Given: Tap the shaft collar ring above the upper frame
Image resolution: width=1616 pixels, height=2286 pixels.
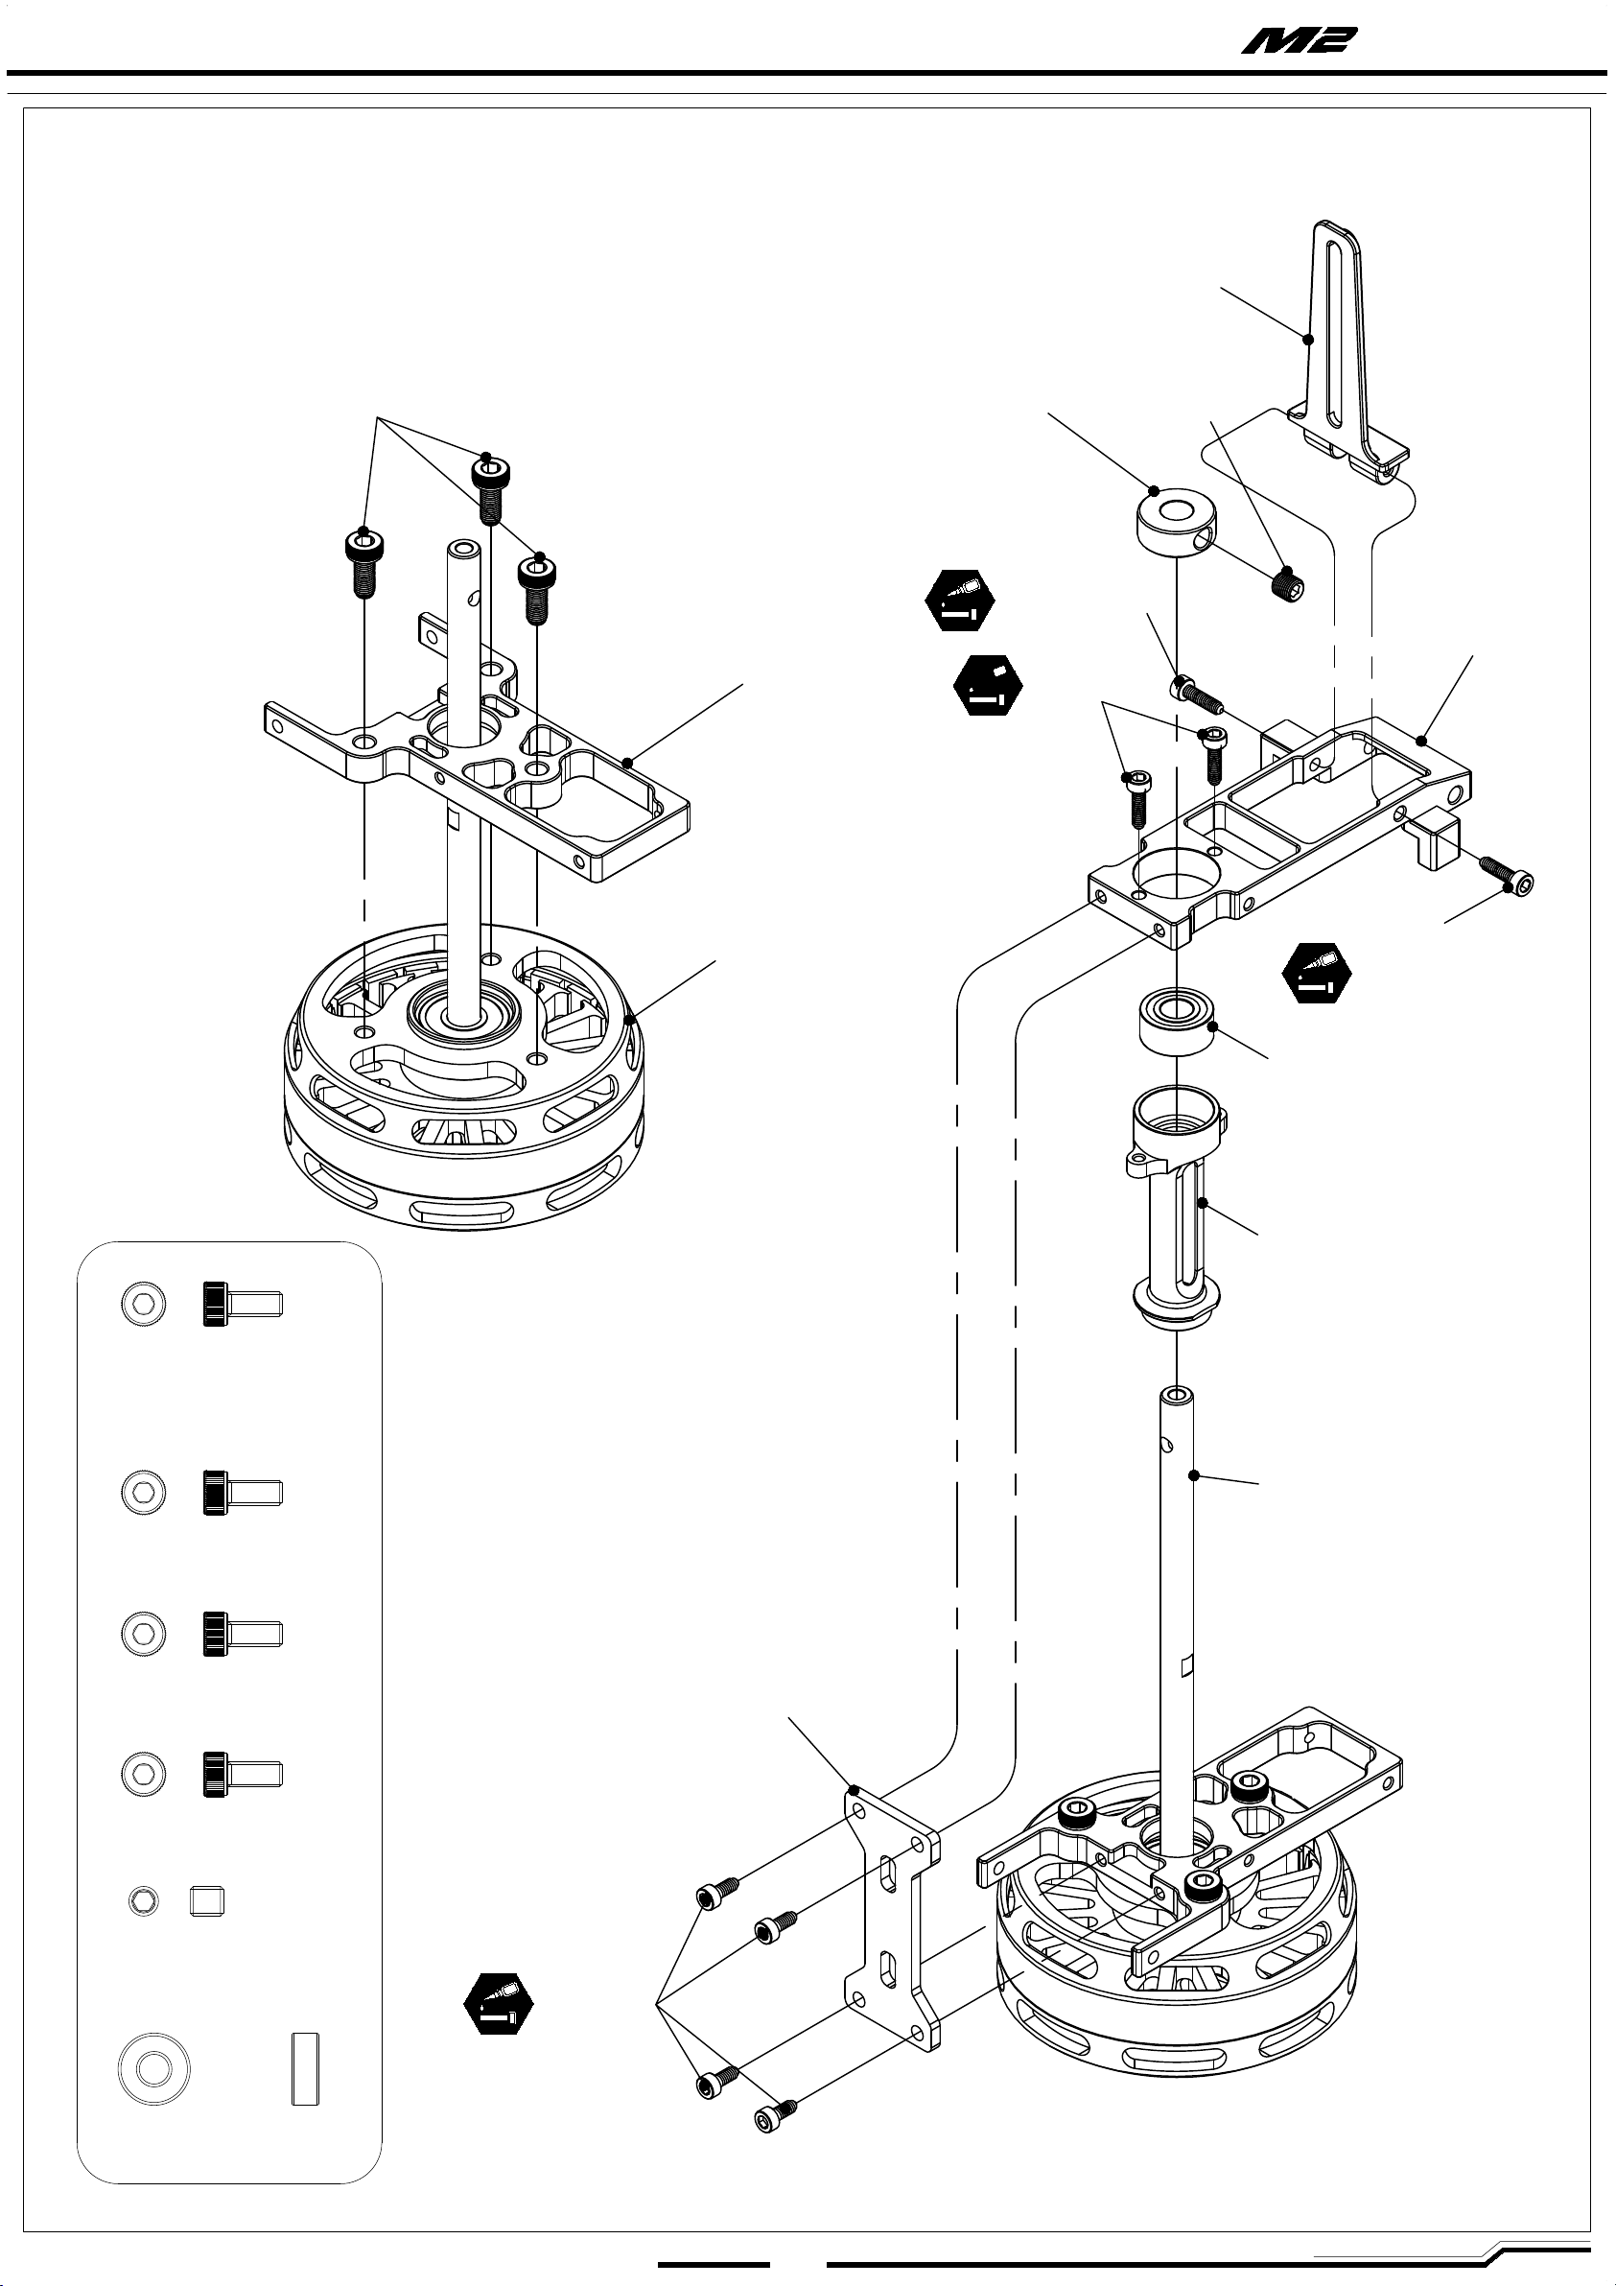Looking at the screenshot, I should click(x=1175, y=522).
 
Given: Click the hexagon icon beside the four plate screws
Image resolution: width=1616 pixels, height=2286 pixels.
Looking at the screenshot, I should click(x=499, y=2001).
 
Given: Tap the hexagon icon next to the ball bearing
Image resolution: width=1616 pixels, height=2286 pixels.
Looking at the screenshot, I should click(x=1318, y=972).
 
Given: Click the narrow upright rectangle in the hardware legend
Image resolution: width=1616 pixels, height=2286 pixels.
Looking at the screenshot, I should click(x=306, y=2069).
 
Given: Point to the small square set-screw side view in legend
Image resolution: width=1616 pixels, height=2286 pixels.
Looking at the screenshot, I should click(x=207, y=1900).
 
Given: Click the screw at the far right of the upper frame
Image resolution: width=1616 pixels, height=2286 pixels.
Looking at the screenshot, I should click(x=1507, y=876).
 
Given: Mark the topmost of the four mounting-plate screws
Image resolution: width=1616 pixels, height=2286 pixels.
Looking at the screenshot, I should click(x=717, y=1893).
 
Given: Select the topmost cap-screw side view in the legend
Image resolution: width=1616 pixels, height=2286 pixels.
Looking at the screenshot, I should click(x=243, y=1304).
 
